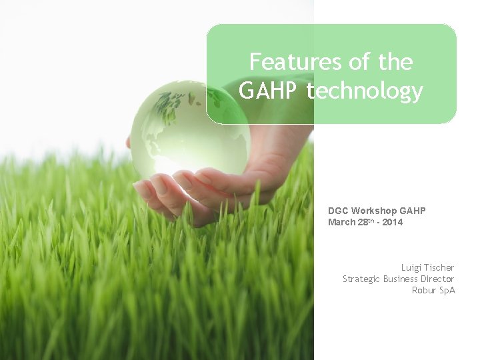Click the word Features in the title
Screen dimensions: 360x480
coord(285,63)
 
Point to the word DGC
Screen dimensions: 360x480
coord(338,211)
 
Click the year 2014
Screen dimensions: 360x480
coord(393,222)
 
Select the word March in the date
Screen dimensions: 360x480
coord(341,222)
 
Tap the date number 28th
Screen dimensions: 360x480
coord(366,222)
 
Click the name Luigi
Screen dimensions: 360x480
coord(413,267)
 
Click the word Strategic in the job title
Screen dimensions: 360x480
coord(361,279)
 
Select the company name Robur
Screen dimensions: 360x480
coord(424,290)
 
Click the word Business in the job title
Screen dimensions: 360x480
coord(400,279)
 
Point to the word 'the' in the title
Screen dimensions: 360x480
coord(395,63)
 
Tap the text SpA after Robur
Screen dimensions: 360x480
coord(447,290)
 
